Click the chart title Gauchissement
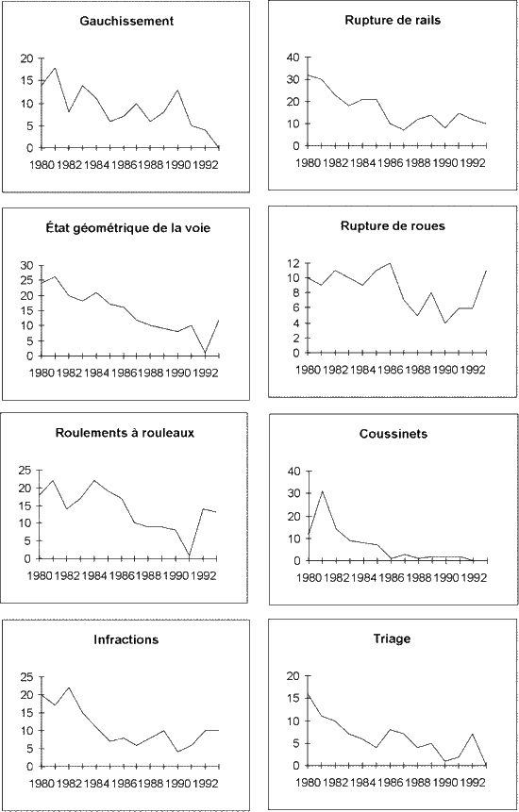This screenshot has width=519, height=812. point(126,22)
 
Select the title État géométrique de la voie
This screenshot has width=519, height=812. point(126,228)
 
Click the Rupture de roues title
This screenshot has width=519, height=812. point(393,226)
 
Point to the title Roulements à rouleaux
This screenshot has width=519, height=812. point(125,433)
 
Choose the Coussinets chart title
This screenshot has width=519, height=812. point(393,434)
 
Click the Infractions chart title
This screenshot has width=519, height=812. point(126,639)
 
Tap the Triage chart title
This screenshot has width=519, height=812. point(393,639)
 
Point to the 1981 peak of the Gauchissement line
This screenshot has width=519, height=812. point(55,68)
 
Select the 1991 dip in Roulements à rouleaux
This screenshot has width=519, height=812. point(191,555)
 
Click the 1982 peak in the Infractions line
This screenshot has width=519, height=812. point(68,688)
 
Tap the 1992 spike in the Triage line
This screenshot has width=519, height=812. point(472,734)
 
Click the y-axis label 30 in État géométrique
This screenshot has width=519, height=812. point(26,266)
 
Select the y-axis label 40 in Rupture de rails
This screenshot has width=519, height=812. point(293,58)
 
